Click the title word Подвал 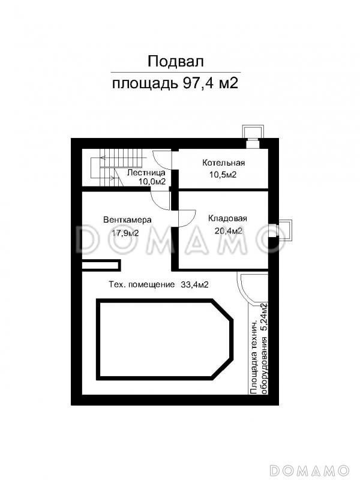[175, 62]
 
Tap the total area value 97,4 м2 [211, 83]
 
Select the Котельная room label [223, 163]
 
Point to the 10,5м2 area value [223, 175]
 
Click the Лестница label [146, 173]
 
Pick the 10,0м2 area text [152, 182]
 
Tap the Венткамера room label [127, 220]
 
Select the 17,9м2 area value [125, 233]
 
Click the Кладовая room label [227, 218]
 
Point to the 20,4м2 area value [229, 230]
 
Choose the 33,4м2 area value [194, 284]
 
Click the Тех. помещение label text [142, 285]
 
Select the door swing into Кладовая [187, 218]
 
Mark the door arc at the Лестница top [162, 161]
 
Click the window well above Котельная [253, 133]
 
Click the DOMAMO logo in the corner [310, 470]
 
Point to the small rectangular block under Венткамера [101, 265]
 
